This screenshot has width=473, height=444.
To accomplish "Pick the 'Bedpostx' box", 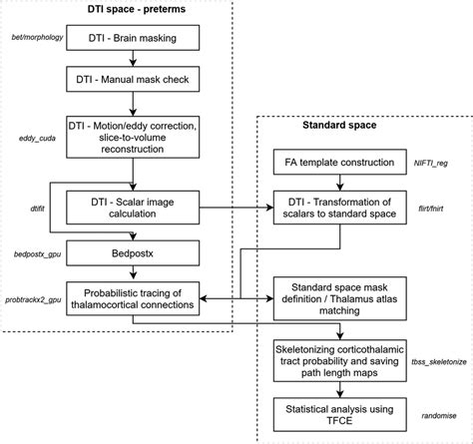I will (x=132, y=254).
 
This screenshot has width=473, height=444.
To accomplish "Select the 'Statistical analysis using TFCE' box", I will (x=336, y=413).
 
